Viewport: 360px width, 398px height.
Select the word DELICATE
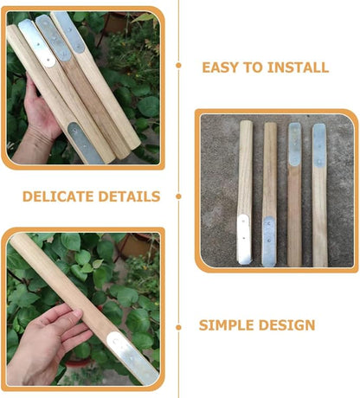coord(58,196)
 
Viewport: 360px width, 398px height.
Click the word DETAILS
coord(129,196)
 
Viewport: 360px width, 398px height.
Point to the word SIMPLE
coord(226,325)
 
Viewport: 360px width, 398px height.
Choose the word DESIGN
coord(286,325)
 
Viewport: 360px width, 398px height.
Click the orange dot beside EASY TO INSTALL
coord(178,66)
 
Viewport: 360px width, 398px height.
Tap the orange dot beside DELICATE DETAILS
coord(178,196)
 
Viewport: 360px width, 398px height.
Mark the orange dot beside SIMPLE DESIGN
coord(178,327)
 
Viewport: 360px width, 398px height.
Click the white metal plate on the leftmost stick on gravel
coord(244,240)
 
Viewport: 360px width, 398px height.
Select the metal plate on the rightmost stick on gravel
coord(319,145)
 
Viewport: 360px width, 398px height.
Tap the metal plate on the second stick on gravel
coord(269,241)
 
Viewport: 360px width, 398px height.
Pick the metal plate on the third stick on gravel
coord(294,144)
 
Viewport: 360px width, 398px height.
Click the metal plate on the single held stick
coord(132,358)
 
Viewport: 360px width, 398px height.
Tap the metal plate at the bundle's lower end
coord(85,144)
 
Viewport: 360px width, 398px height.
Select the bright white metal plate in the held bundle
coord(36,43)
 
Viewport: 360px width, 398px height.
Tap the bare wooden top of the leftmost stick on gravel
coord(246,167)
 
